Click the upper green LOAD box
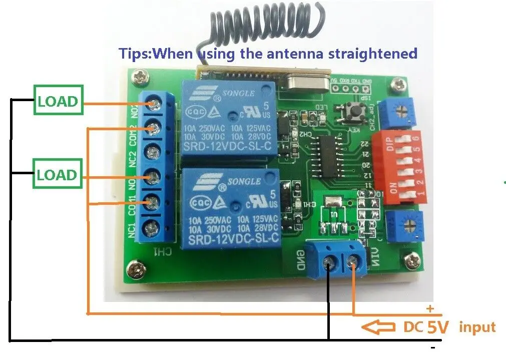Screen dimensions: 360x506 [x=58, y=102]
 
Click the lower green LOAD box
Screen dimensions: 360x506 [x=58, y=175]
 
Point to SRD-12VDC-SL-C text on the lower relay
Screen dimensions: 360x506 [x=233, y=239]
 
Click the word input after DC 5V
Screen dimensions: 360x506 [x=477, y=328]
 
